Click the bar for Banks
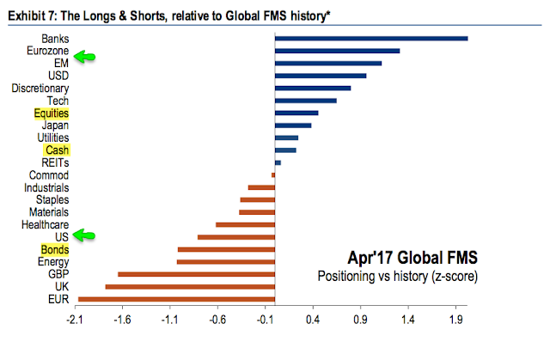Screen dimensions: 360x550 pos(371,38)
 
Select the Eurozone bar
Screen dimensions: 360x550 pos(337,51)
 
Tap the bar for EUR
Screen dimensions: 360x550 pos(176,299)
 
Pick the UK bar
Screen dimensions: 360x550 pos(190,286)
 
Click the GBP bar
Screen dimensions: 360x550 pos(196,274)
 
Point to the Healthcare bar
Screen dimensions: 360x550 pos(245,224)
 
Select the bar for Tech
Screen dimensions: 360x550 pos(305,101)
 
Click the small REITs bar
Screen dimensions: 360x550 pos(278,162)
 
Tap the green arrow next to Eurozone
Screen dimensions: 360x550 pos(85,57)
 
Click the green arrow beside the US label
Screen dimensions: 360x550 pos(85,235)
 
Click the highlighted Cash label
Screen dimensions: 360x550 pos(57,150)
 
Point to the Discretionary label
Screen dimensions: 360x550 pos(40,88)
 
